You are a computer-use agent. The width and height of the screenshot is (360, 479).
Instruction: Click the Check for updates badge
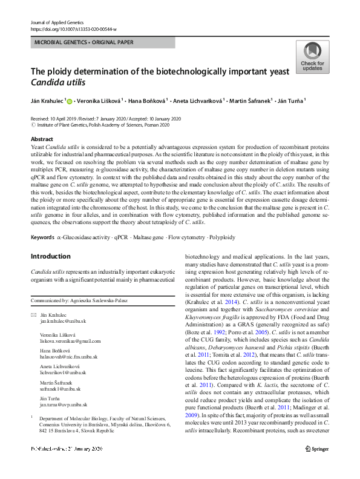point(312,58)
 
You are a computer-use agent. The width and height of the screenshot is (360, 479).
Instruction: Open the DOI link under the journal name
point(73,12)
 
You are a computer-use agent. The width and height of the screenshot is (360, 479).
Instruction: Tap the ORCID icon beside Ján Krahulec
point(70,101)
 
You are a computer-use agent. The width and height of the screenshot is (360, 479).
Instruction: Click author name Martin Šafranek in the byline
point(250,101)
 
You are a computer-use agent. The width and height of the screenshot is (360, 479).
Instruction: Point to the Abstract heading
point(41,139)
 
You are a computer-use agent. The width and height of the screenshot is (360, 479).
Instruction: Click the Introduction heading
point(50,256)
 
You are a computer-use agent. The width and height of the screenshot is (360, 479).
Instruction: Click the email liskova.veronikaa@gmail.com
point(67,341)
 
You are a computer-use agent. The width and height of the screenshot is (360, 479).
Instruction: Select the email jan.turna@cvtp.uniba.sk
point(64,404)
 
